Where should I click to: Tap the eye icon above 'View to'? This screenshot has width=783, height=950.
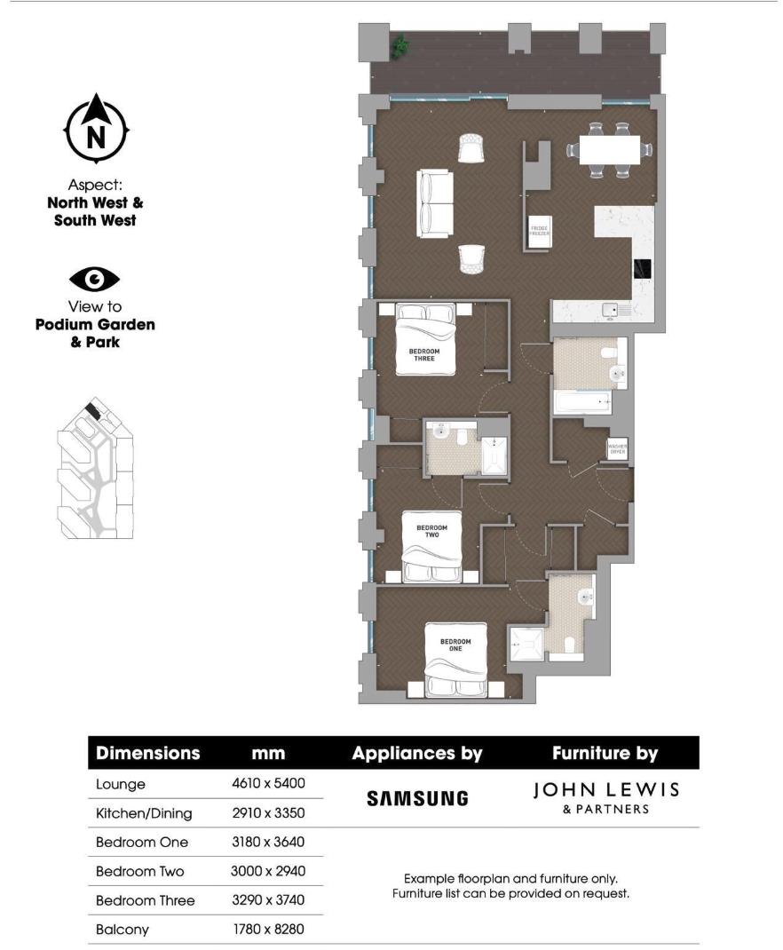click(x=95, y=280)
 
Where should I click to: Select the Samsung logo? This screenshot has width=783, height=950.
click(x=417, y=798)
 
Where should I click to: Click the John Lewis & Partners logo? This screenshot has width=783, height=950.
click(x=606, y=796)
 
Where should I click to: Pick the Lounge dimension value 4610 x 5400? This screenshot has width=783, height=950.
click(x=267, y=785)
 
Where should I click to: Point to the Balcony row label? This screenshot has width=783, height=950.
click(x=122, y=930)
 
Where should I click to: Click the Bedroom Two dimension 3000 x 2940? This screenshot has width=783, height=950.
click(x=267, y=871)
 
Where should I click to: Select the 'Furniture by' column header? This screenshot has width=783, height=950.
click(x=605, y=754)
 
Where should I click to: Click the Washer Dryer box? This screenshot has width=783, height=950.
click(x=617, y=450)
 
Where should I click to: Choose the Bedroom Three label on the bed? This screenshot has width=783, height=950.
click(x=424, y=356)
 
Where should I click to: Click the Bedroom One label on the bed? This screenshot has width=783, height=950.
click(x=455, y=645)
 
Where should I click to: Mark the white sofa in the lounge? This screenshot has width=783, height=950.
click(x=435, y=203)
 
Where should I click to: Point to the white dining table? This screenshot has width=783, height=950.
click(x=609, y=149)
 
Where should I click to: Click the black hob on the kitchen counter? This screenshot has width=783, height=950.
click(x=642, y=268)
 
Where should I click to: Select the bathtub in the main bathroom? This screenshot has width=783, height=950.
click(x=582, y=403)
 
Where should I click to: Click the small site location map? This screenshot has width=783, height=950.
click(x=95, y=471)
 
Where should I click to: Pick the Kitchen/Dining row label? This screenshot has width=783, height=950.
click(x=143, y=813)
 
